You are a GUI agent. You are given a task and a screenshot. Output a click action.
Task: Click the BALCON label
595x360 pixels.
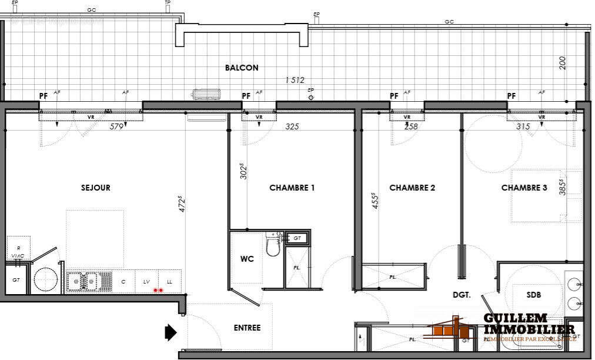pyautogui.click(x=242, y=68)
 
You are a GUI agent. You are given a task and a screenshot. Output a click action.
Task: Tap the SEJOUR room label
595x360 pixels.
pyautogui.click(x=96, y=188)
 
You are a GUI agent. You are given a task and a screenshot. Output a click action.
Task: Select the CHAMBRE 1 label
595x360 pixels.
pyautogui.click(x=292, y=188)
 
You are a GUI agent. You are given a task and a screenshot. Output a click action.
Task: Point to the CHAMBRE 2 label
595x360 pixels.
pyautogui.click(x=412, y=188)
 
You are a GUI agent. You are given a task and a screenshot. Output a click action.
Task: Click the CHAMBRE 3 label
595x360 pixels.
pyautogui.click(x=524, y=188)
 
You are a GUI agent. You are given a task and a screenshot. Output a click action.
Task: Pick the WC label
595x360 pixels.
pyautogui.click(x=247, y=259)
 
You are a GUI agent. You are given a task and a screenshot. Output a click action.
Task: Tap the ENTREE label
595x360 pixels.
pyautogui.click(x=247, y=328)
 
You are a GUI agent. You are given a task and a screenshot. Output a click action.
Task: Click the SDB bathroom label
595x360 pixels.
pyautogui.click(x=534, y=295)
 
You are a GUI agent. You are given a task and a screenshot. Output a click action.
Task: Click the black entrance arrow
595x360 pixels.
pyautogui.click(x=171, y=332)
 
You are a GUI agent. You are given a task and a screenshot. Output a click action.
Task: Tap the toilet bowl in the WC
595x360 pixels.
pyautogui.click(x=273, y=247)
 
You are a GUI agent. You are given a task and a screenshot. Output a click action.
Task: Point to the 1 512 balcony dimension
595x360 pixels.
pyautogui.click(x=295, y=80)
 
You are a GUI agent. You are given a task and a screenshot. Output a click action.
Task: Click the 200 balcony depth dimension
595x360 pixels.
pyautogui.click(x=563, y=64)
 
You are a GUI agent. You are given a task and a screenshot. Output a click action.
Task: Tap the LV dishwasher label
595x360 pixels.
pyautogui.click(x=147, y=282)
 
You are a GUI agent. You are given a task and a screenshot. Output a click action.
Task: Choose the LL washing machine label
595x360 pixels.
pyautogui.click(x=170, y=282)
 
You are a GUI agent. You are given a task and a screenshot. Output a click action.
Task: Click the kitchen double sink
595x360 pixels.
pyautogui.click(x=83, y=281)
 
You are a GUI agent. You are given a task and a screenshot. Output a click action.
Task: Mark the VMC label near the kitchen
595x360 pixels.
pyautogui.click(x=18, y=255)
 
